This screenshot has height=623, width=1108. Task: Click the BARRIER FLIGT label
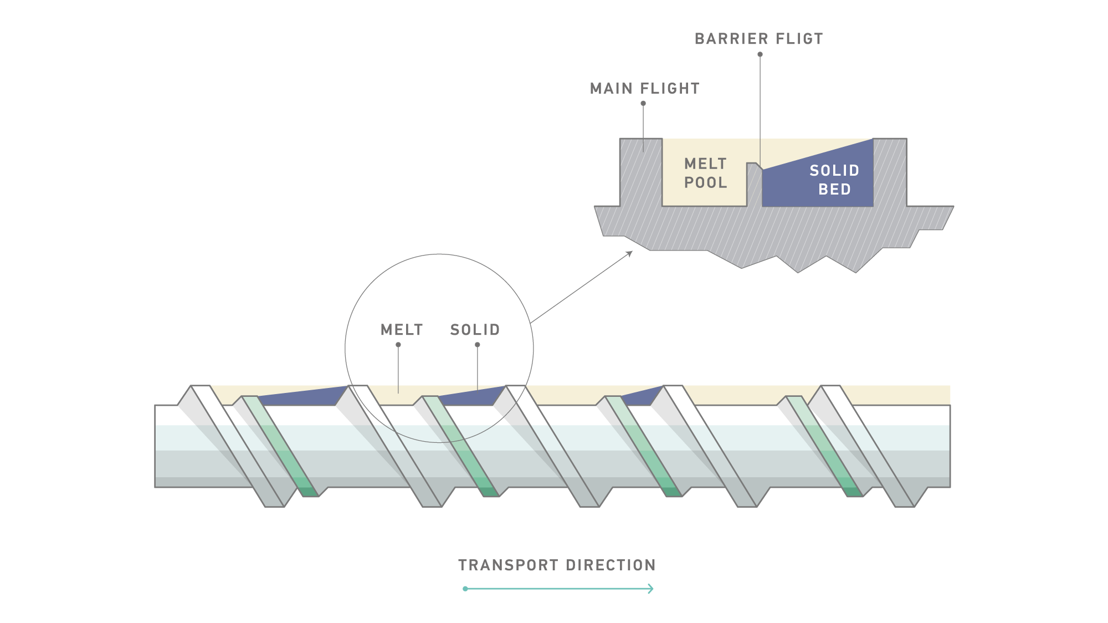(758, 39)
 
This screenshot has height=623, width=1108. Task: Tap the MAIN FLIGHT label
(644, 89)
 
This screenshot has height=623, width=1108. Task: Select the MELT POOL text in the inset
(705, 173)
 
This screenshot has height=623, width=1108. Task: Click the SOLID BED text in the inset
(834, 180)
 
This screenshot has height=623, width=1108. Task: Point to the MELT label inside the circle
(402, 330)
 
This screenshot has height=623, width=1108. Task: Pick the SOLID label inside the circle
(475, 330)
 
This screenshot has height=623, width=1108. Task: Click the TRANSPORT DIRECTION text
(557, 565)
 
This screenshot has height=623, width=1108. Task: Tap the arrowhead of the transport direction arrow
(652, 589)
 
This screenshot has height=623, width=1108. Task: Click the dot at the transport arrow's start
(465, 589)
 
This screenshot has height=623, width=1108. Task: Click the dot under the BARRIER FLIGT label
(760, 54)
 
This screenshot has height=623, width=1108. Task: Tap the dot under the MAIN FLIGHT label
(643, 103)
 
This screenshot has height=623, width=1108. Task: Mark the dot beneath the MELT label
(398, 345)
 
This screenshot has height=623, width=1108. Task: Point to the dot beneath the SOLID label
(478, 345)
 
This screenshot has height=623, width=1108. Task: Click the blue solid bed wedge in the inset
(831, 183)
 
